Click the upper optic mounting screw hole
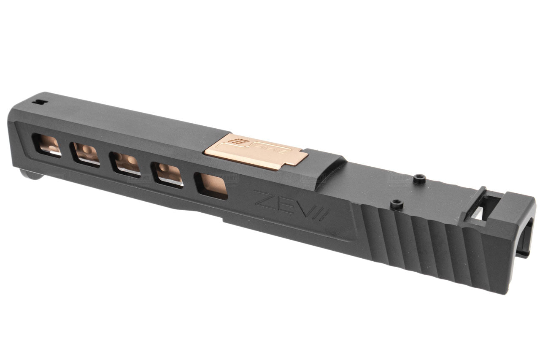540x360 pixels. click(x=417, y=179)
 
